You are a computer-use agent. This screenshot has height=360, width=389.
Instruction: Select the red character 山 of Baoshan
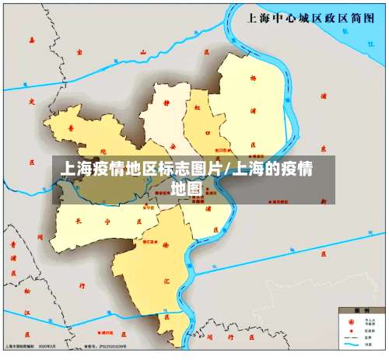142,52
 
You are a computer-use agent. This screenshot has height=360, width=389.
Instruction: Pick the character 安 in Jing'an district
173,144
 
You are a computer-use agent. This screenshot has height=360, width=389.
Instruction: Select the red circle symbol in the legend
348,319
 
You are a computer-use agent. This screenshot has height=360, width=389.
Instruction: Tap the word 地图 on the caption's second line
187,188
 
